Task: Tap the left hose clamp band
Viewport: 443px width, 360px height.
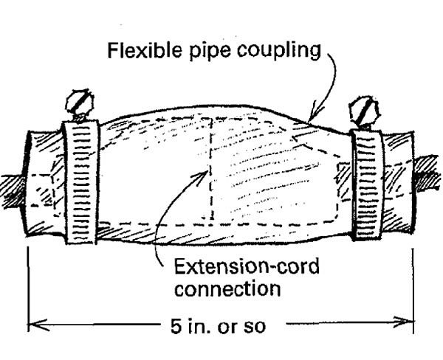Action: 80,181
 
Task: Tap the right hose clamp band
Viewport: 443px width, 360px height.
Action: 365,184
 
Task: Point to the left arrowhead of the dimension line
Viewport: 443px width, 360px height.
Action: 34,322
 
